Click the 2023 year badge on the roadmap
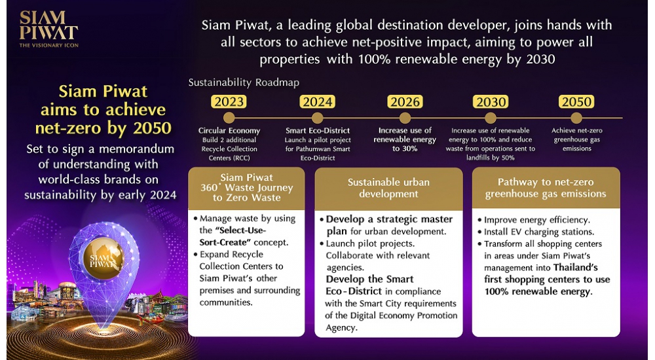(x=229, y=101)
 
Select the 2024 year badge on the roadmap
(x=318, y=101)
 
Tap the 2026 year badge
(x=405, y=101)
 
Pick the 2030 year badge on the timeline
(x=491, y=101)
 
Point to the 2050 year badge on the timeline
(x=576, y=101)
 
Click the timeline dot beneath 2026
(x=405, y=118)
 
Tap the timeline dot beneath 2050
(x=576, y=118)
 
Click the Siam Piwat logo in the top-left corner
(x=48, y=29)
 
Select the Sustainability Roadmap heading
(x=244, y=82)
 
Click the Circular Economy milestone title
(x=229, y=131)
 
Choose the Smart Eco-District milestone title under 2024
(x=318, y=131)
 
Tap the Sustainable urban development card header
(x=388, y=189)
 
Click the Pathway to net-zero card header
(x=546, y=188)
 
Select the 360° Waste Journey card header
(x=246, y=188)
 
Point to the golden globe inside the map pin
(x=103, y=259)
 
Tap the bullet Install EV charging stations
(x=536, y=232)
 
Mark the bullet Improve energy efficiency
(x=534, y=220)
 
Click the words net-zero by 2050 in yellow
(x=103, y=128)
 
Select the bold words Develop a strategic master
(x=386, y=225)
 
